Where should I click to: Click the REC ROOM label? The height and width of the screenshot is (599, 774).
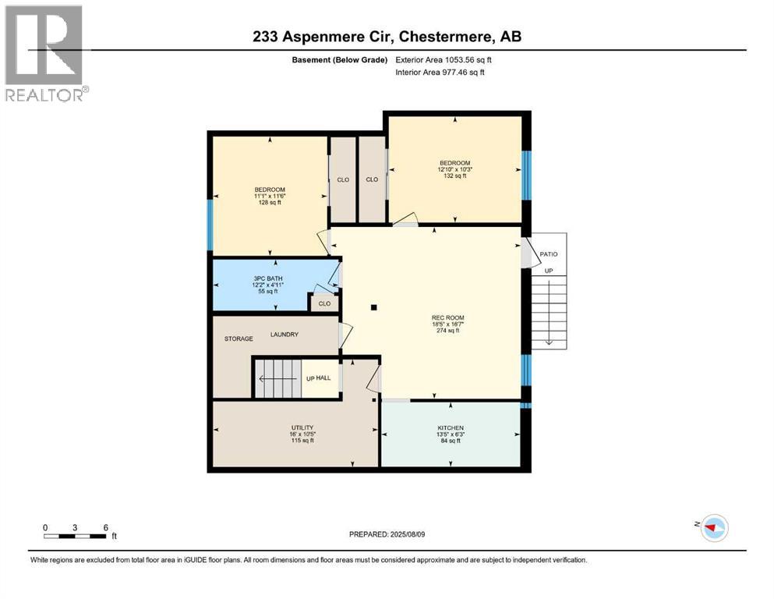[447, 318]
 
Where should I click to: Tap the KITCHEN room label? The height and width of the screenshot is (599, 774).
[451, 427]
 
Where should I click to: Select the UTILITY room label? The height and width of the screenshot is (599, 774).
[302, 427]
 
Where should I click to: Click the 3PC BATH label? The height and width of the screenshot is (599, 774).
[268, 278]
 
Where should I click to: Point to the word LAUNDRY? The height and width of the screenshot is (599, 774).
[285, 335]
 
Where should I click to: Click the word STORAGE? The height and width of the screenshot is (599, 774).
[239, 338]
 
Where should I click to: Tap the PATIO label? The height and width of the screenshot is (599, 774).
[549, 253]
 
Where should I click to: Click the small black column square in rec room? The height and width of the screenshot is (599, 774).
[374, 307]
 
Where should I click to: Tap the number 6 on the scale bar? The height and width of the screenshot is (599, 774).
[106, 527]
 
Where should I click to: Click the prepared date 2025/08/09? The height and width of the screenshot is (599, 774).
[408, 534]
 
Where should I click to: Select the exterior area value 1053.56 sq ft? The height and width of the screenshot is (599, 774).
[468, 60]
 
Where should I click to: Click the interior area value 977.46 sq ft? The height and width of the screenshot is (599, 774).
[463, 72]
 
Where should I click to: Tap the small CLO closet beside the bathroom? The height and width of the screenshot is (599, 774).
[324, 303]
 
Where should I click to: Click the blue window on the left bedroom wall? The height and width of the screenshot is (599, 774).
[210, 225]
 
